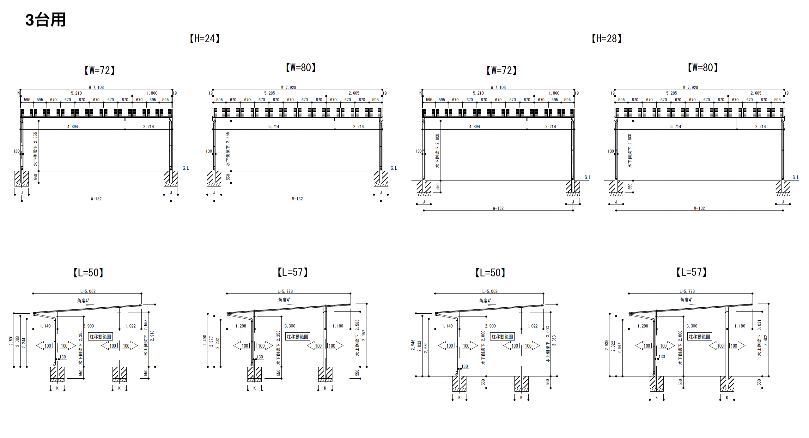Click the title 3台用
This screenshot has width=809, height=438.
point(46,20)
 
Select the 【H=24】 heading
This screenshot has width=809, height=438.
point(204,39)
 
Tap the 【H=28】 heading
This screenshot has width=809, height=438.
point(606,39)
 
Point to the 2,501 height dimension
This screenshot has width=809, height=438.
point(11,341)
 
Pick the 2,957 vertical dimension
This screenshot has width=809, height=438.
point(364,335)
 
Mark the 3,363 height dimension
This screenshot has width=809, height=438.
point(554,340)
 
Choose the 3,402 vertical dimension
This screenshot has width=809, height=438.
point(766,340)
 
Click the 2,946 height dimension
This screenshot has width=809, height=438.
point(413,345)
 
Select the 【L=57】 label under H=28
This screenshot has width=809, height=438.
point(691,272)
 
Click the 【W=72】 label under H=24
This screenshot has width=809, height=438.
point(100,70)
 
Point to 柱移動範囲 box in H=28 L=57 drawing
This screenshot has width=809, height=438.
point(699,337)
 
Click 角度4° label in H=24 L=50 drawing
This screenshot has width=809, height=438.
point(83,301)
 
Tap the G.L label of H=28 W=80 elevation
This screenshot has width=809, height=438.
point(796,178)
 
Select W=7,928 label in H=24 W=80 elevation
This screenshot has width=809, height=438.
point(289,87)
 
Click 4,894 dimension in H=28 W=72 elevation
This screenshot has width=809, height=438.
point(474,127)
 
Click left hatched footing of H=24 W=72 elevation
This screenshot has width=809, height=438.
point(21,179)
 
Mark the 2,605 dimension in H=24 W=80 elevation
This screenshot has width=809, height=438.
point(354,93)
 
